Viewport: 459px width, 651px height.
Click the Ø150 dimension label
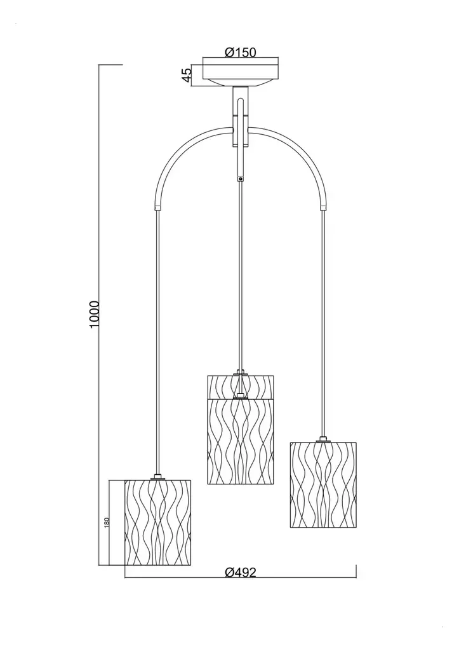click(x=241, y=52)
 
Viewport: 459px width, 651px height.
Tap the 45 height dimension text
click(x=187, y=74)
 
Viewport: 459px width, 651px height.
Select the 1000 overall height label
click(x=94, y=314)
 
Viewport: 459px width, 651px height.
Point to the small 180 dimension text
click(x=107, y=523)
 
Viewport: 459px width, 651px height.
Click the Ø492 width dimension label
click(x=241, y=573)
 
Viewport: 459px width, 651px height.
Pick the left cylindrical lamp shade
click(x=157, y=523)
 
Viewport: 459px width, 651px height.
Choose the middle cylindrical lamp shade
click(x=241, y=430)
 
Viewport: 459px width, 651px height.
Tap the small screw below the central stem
click(x=241, y=179)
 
